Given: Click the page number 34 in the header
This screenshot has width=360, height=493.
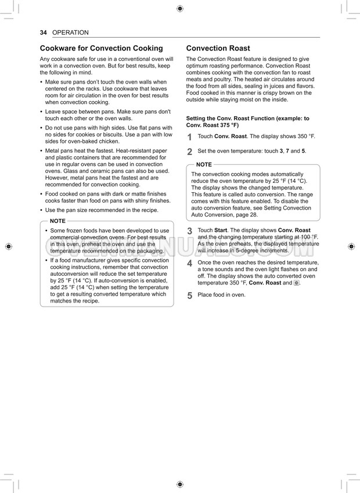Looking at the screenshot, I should (x=43, y=33).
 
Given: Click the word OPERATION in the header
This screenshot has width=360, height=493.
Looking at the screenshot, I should (x=70, y=33).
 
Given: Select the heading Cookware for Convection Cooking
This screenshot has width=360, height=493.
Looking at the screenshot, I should (x=101, y=48).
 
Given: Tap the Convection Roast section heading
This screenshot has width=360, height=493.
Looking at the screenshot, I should (x=218, y=48).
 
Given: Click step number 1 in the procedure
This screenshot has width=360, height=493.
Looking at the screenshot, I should (x=190, y=137).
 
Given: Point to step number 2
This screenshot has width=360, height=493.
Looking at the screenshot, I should (x=190, y=152).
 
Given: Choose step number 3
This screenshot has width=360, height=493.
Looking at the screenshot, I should (x=190, y=231).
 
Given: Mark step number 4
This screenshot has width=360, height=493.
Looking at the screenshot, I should (x=190, y=264).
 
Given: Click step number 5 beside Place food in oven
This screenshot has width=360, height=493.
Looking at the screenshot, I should (x=190, y=296).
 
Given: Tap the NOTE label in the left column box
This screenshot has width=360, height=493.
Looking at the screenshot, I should (x=57, y=221).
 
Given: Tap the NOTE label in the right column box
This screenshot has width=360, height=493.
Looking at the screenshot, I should (x=204, y=165).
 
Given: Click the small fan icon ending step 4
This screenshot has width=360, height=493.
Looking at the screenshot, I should (x=297, y=283).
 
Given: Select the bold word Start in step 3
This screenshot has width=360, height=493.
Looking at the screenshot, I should (x=221, y=231).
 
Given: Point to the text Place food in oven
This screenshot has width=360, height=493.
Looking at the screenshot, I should (x=221, y=295).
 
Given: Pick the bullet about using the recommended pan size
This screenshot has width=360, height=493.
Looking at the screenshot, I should (x=101, y=210).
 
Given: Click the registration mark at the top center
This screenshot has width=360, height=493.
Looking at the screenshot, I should (x=179, y=8).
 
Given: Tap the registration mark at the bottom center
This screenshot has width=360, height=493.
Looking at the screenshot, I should (x=179, y=484).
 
